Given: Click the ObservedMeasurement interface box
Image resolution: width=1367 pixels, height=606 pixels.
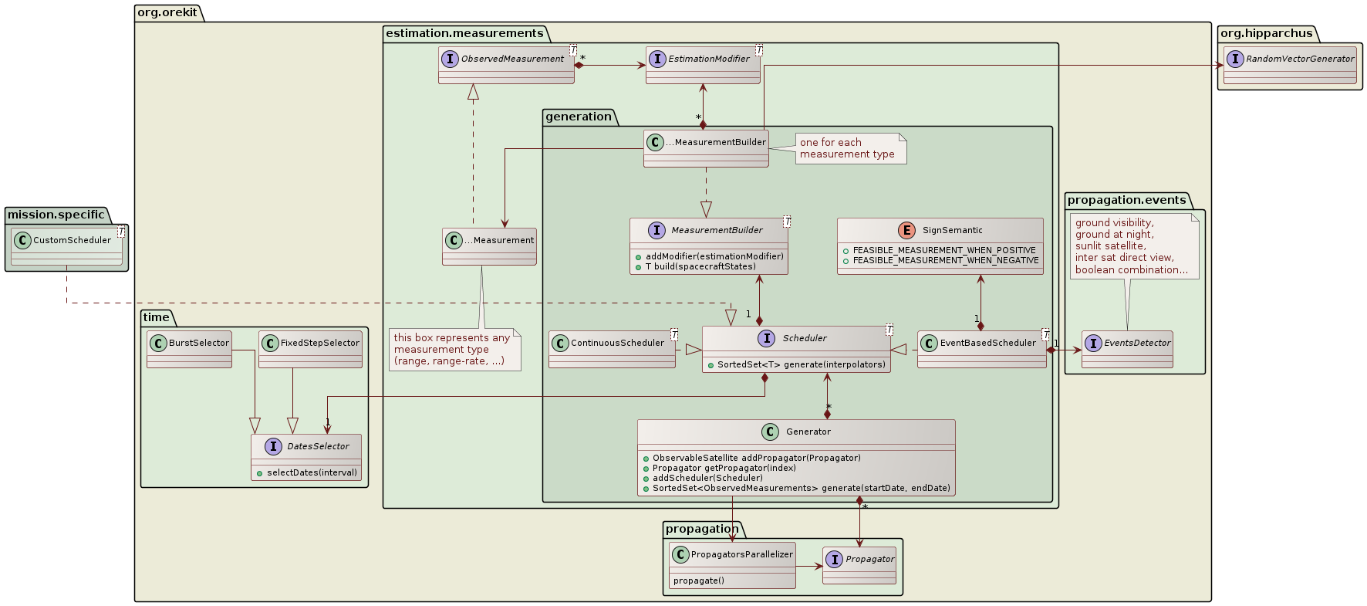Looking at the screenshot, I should coord(506,65).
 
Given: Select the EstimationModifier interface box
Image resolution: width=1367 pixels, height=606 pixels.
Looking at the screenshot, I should coord(703,65).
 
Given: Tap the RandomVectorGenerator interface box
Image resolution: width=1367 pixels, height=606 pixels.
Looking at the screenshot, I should coord(1290,65).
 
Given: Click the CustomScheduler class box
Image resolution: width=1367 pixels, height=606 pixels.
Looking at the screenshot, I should coord(66,247).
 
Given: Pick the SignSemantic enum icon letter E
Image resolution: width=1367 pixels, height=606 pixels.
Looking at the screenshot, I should coord(906,230).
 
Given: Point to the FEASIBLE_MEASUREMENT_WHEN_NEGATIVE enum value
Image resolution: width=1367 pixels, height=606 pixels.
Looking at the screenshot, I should coord(946,261).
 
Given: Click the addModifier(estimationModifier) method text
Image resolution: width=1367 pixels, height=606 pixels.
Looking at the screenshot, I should coord(714,256).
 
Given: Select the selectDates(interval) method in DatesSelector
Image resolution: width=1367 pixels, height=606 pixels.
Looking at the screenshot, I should coord(312,472).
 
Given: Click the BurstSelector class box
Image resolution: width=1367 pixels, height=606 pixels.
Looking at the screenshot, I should coord(190,349).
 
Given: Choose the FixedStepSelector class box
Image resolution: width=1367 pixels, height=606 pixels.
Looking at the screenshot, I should coord(311,349).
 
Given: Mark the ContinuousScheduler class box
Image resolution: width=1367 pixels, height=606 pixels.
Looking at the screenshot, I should coord(613,349).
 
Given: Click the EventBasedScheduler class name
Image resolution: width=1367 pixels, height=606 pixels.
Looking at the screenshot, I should coord(987,343).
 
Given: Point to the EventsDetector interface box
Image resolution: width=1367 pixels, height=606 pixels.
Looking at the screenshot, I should coord(1127,349).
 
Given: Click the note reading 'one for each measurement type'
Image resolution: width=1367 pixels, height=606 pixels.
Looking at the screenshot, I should coord(851,148).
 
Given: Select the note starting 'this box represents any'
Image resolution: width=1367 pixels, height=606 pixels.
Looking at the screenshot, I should coord(454,350).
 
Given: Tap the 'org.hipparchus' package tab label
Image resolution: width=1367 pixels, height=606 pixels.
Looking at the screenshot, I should coord(1266,33).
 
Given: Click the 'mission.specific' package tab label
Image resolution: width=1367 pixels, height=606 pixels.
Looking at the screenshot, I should coord(56,215).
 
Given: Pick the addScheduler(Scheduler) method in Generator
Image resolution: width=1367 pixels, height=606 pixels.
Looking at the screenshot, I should coord(707,478).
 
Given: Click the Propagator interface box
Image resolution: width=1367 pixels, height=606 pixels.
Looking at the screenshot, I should coord(859,565).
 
